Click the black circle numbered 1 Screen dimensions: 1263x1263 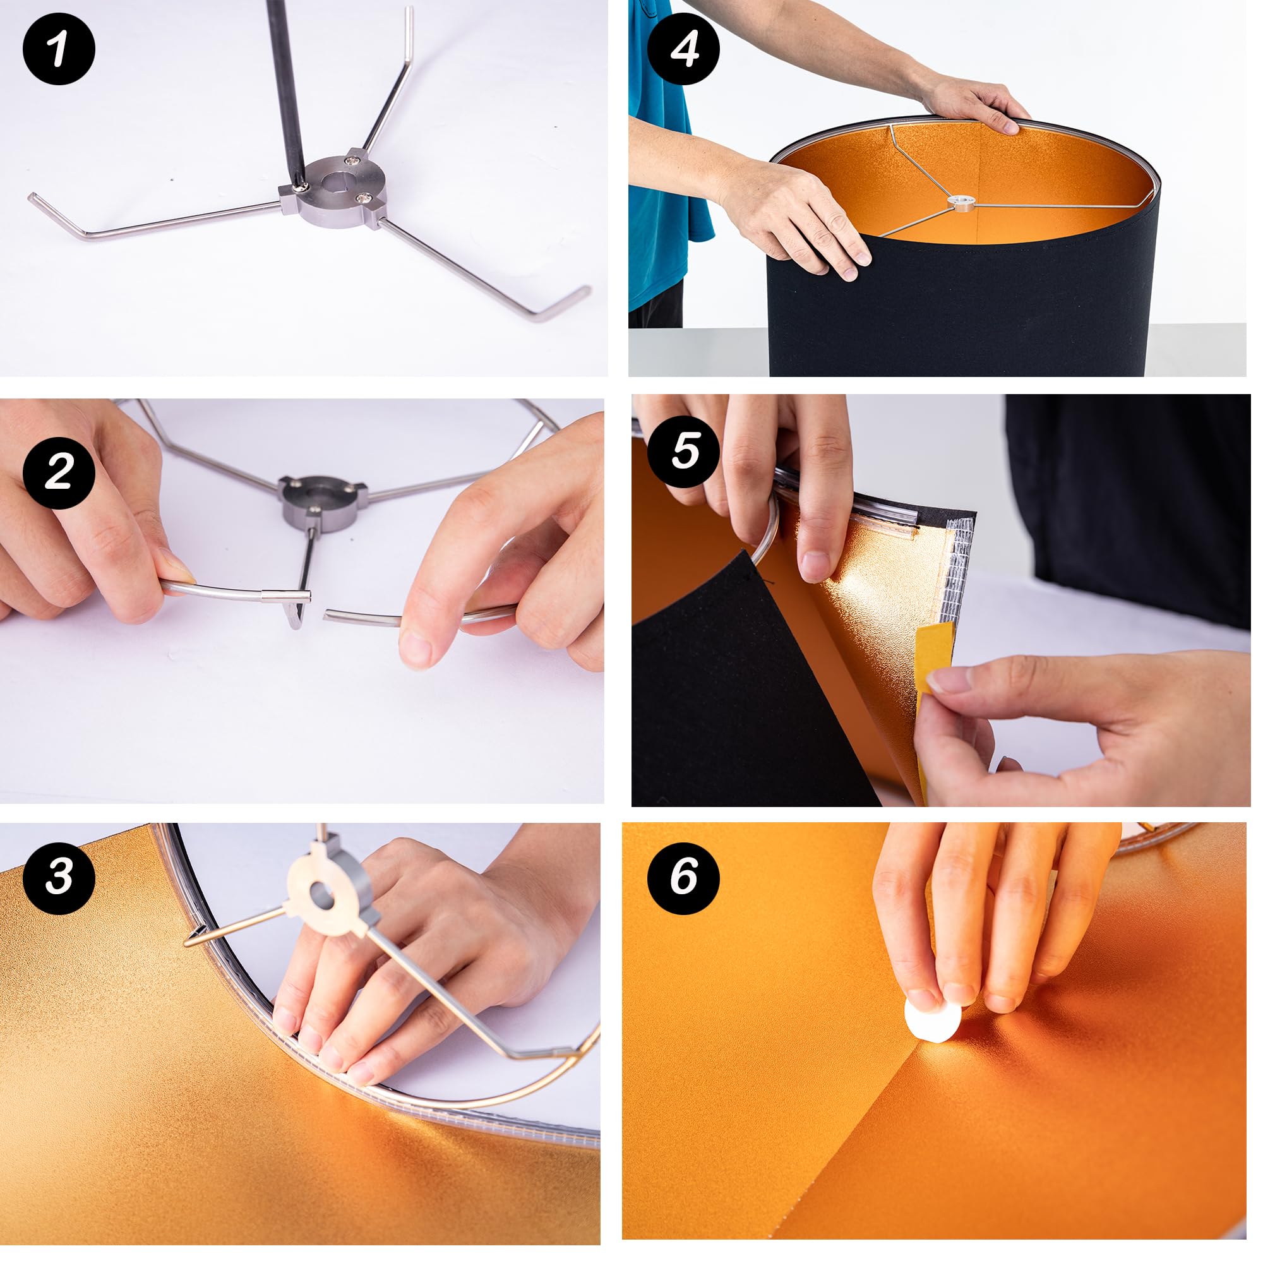59,49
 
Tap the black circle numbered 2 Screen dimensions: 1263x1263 59,472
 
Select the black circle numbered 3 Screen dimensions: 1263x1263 59,877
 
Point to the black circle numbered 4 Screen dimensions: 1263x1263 684,49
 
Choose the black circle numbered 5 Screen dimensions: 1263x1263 685,450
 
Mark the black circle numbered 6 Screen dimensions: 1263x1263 684,877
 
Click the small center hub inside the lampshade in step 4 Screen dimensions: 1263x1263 961,203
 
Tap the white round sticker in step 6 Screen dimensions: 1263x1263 932,1014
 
